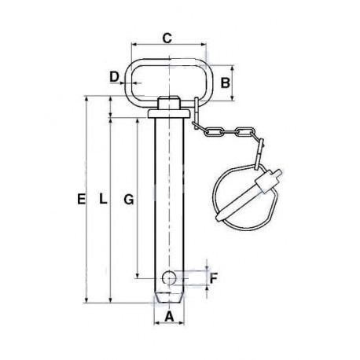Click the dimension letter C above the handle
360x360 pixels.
tap(167, 39)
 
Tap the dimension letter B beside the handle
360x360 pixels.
tap(226, 83)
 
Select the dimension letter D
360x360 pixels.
tap(114, 77)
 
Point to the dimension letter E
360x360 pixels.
tap(81, 200)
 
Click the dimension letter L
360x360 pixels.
tap(103, 199)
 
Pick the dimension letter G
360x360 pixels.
tap(129, 200)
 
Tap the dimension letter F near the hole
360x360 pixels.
tap(214, 278)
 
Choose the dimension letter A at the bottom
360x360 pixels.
tap(169, 317)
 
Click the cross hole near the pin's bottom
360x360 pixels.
tap(168, 277)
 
